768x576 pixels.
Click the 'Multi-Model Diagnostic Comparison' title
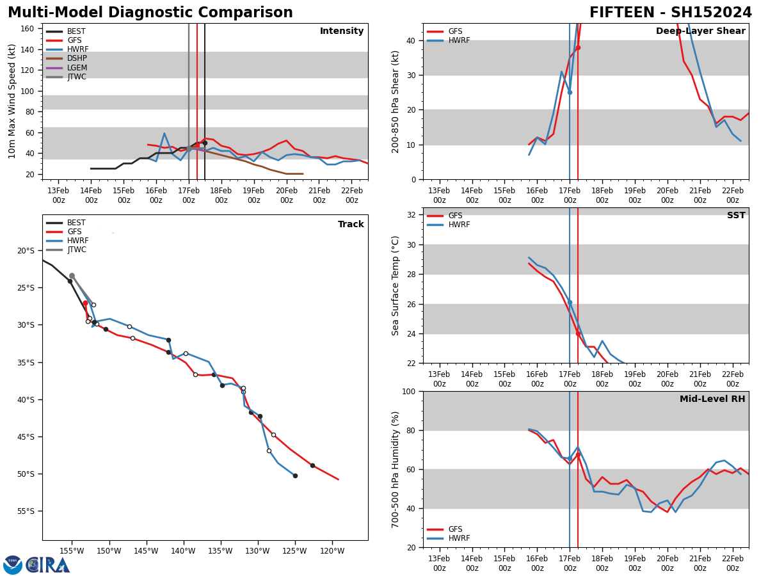[150, 13]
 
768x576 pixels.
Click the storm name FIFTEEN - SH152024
[670, 13]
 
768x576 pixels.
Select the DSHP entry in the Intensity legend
[77, 59]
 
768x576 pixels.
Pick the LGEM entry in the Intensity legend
[77, 68]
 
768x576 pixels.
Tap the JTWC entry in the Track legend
[76, 250]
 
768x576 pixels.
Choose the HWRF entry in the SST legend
[459, 225]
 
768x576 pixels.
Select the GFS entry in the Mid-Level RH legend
[455, 529]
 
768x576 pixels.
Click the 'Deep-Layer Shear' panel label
[700, 31]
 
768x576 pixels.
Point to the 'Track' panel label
[351, 225]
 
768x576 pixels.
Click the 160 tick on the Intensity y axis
[27, 29]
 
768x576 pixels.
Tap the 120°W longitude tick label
[332, 551]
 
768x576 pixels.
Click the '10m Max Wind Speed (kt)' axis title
[12, 101]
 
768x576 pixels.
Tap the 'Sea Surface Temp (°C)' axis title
[396, 285]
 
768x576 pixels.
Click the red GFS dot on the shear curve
[578, 47]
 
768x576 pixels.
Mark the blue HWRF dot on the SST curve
[570, 302]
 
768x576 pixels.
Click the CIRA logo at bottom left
[37, 565]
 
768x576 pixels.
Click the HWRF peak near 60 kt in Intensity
[164, 134]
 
